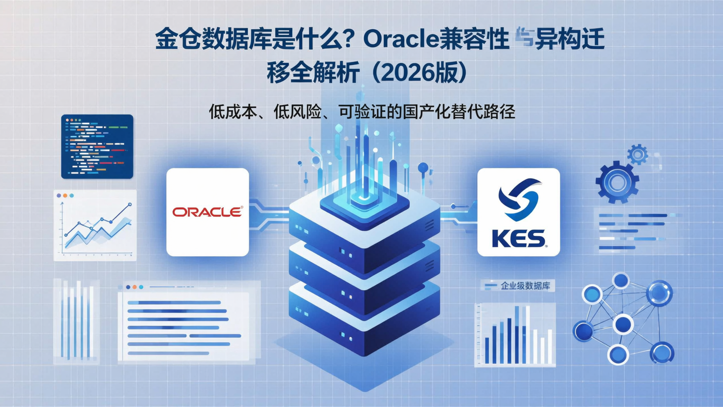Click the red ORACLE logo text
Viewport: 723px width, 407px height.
pyautogui.click(x=207, y=212)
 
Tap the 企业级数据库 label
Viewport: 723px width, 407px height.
pyautogui.click(x=524, y=286)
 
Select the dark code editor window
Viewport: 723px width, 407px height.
pyautogui.click(x=97, y=146)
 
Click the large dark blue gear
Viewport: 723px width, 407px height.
pyautogui.click(x=617, y=181)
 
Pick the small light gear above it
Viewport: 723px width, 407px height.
pyautogui.click(x=638, y=154)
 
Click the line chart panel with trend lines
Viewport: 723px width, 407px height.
pyautogui.click(x=95, y=225)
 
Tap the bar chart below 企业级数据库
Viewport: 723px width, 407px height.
pyautogui.click(x=515, y=334)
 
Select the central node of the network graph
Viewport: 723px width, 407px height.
pyautogui.click(x=623, y=324)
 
